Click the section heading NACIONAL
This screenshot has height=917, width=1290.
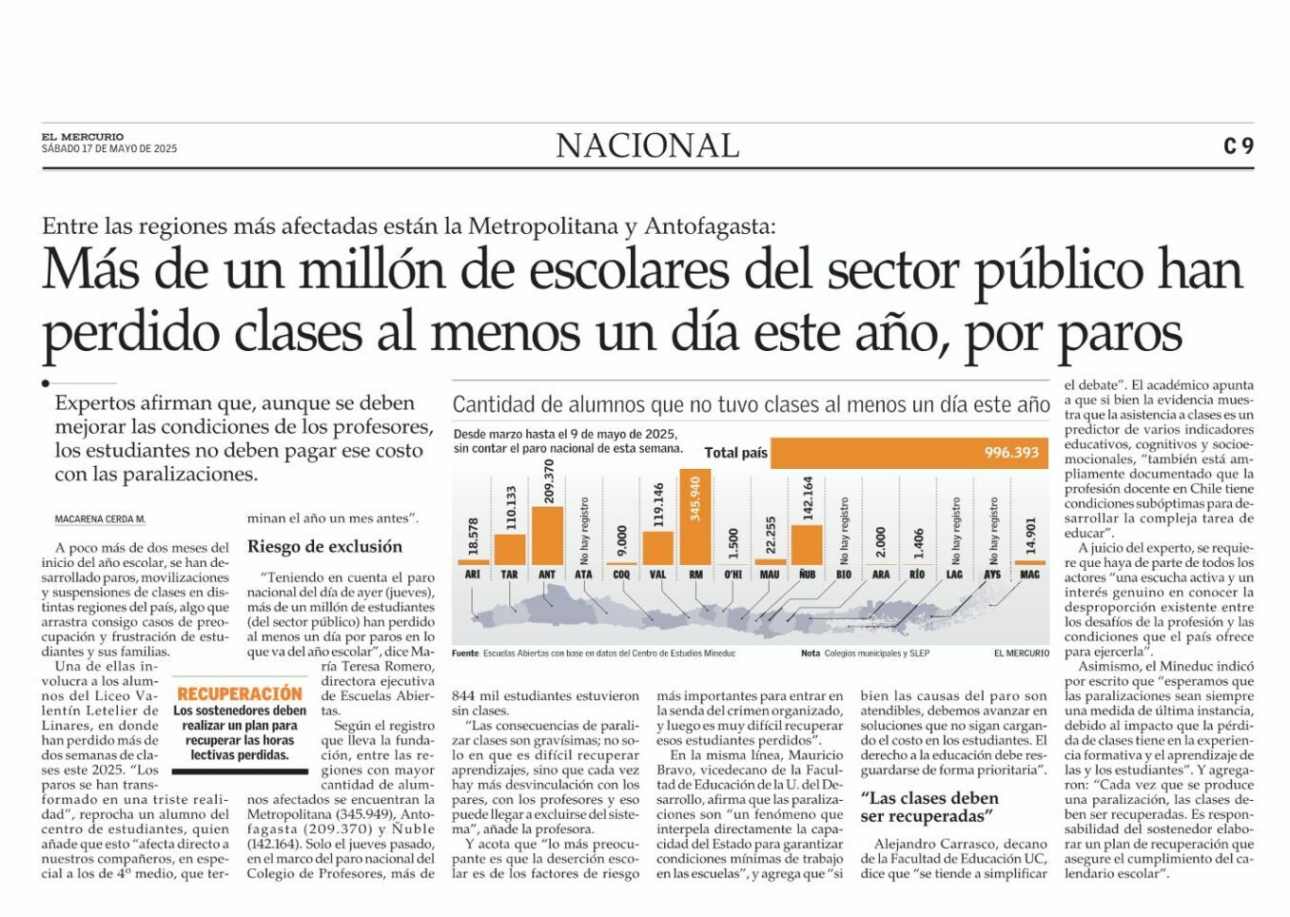click(647, 146)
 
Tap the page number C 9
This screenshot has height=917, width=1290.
click(1239, 146)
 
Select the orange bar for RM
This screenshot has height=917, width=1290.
click(695, 517)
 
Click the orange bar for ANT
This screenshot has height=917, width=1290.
click(547, 536)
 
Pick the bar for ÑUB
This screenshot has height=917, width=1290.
click(807, 545)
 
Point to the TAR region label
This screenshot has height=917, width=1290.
click(509, 575)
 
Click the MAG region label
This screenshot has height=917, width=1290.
click(1029, 575)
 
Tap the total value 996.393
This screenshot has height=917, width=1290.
click(1011, 453)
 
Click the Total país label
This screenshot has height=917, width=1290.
click(736, 453)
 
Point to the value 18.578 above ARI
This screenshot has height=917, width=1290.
click(473, 537)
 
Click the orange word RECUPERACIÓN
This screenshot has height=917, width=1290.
click(240, 693)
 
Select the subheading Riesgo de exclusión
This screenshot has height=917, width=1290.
click(324, 546)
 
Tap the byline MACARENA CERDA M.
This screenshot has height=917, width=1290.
click(100, 519)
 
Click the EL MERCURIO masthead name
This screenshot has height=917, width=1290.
click(83, 137)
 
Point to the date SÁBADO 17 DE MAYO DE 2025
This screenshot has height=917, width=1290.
click(109, 148)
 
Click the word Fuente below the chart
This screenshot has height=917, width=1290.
click(465, 654)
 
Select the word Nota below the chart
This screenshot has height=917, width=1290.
click(811, 654)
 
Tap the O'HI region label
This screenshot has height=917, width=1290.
click(733, 575)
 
